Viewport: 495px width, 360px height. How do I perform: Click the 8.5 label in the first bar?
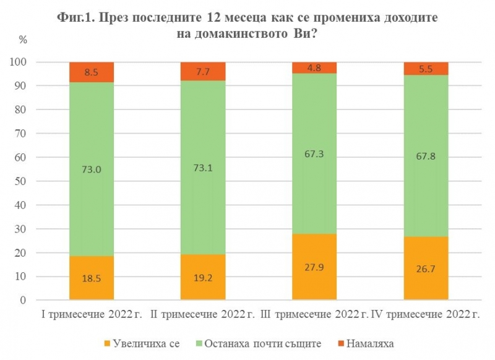92,72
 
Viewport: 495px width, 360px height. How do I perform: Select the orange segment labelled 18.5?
92,278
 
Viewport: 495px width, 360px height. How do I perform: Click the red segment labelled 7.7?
203,71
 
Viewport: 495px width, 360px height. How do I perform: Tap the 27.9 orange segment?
314,267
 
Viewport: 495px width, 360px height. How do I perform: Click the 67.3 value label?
314,153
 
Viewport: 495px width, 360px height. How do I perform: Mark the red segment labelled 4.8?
314,67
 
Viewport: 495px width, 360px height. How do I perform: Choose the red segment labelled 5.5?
426,69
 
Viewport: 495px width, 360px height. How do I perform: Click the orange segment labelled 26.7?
426,268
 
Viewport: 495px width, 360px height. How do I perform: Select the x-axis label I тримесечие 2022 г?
92,315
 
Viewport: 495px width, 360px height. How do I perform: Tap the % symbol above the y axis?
24,40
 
